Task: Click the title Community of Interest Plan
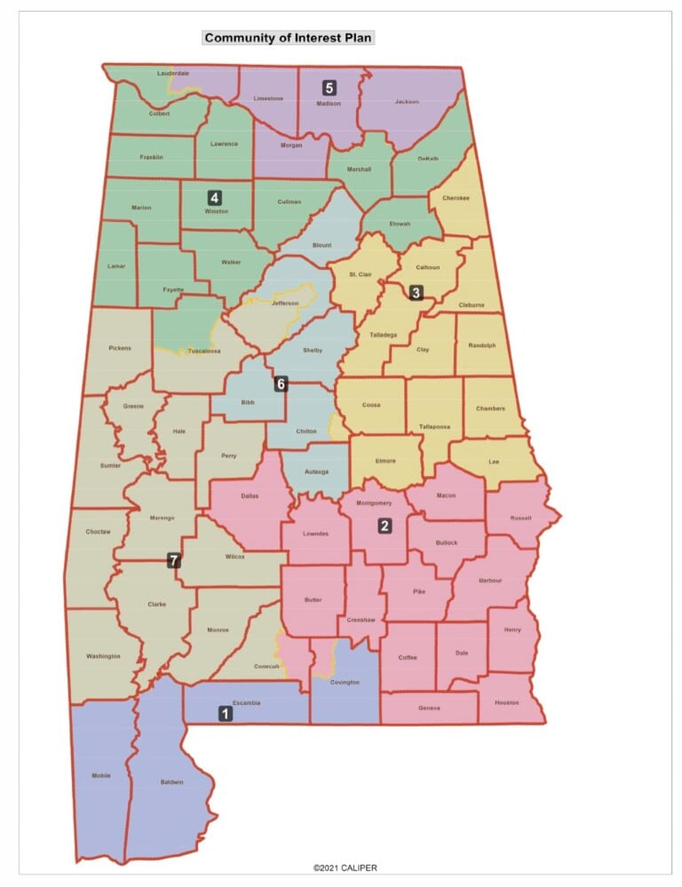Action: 289,38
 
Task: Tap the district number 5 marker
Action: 329,87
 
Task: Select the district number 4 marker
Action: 214,197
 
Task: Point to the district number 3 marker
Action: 416,291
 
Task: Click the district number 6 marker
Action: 281,384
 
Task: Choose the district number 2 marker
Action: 385,526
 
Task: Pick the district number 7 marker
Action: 174,559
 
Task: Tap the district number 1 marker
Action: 226,712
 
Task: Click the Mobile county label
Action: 101,776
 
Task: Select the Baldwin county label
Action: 172,782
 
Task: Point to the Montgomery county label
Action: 373,503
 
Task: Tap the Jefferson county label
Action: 285,304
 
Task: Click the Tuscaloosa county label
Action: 204,352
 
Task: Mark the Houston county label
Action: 507,702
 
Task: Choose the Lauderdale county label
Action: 173,73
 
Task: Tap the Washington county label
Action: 103,656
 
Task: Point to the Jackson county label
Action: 407,102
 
